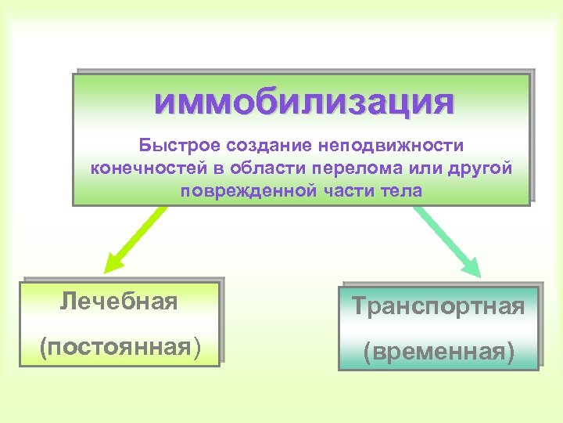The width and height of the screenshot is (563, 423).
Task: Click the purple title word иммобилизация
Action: [303, 102]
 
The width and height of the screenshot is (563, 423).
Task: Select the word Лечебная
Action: [119, 301]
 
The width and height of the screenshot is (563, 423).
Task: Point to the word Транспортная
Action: [438, 306]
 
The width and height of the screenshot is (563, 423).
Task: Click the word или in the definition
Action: [427, 168]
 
